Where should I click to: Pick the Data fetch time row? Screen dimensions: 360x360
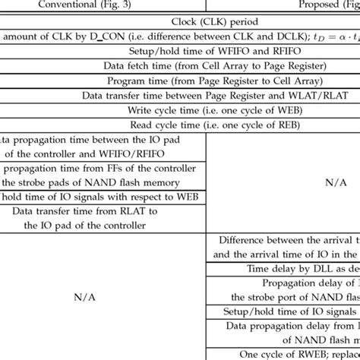point(179,65)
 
